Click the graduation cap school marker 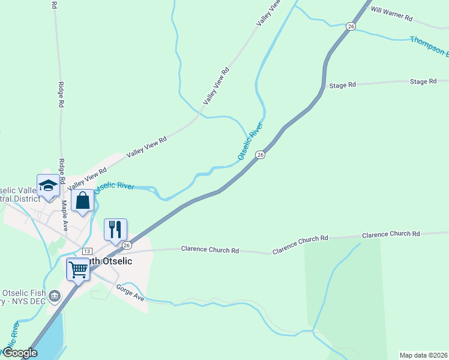click(x=48, y=186)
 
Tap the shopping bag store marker click(x=83, y=201)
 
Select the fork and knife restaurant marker click(x=115, y=229)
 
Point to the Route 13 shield click(x=88, y=251)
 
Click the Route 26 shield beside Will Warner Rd click(x=351, y=26)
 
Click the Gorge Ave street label click(x=130, y=292)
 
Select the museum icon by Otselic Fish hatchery click(x=55, y=295)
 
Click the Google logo click(x=19, y=353)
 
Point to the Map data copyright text click(x=424, y=355)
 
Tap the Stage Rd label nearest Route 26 click(x=342, y=86)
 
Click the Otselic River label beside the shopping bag click(x=113, y=187)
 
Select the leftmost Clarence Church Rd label click(x=210, y=250)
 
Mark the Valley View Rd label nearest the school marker click(x=82, y=178)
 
